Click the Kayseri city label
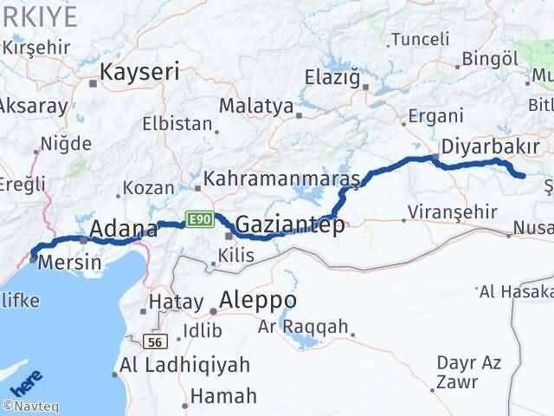[139, 74]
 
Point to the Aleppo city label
[259, 301]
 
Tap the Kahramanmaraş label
[280, 179]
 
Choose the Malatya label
[256, 106]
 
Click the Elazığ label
[332, 77]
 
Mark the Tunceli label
[420, 39]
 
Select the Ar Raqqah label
[303, 327]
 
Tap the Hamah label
[222, 396]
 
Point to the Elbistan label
[177, 123]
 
